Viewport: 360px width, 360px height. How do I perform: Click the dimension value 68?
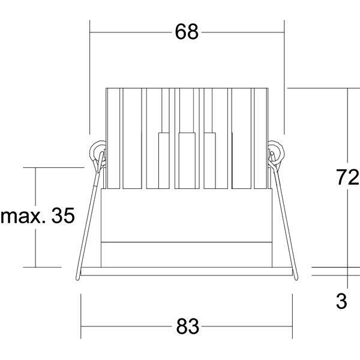click(187, 32)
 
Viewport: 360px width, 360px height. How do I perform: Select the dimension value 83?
click(187, 326)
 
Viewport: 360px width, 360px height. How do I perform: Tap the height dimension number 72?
click(347, 177)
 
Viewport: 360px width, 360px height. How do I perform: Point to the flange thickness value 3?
click(341, 301)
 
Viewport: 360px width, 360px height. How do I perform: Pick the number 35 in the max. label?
click(63, 215)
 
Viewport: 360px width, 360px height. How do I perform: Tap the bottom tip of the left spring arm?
click(77, 278)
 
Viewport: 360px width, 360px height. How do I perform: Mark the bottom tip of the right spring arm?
click(296, 278)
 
